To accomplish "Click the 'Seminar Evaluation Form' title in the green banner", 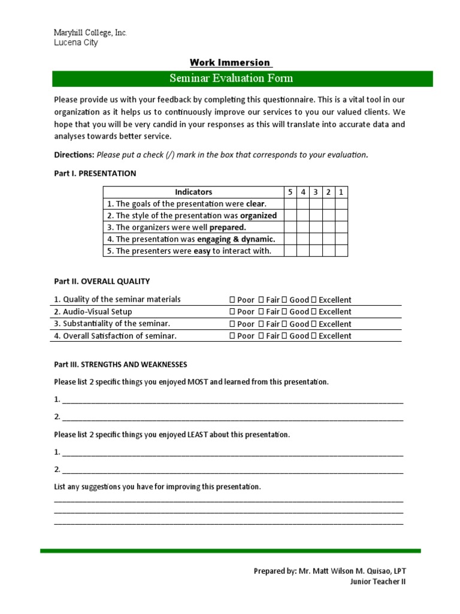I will pos(231,79).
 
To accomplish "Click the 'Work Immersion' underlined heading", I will pos(231,63).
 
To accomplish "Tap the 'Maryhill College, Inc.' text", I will pos(90,32).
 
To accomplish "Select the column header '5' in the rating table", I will pos(290,192).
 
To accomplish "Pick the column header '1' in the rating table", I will pos(341,192).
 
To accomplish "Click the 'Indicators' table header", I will pos(193,192).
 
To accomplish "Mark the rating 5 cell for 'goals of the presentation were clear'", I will pos(290,204).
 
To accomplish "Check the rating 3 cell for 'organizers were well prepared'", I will pos(315,227).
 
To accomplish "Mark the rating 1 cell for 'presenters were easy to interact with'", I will pos(341,251).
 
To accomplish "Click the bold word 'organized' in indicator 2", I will pos(258,216).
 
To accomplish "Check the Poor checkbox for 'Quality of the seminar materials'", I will pos(232,300).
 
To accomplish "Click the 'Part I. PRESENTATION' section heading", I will pos(95,174).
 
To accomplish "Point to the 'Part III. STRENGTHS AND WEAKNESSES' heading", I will pos(120,365).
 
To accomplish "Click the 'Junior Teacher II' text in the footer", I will pos(377,582).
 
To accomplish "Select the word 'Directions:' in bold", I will pos(74,155).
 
